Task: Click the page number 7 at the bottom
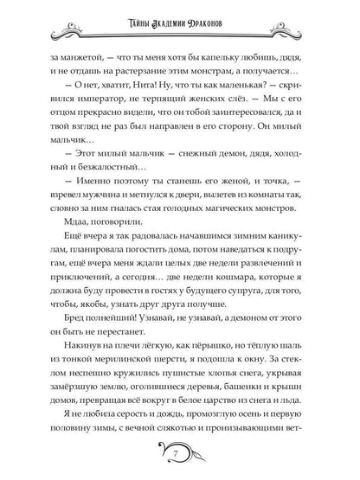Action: [x=179, y=454]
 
